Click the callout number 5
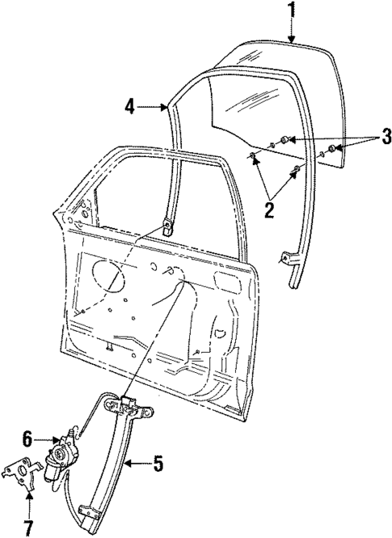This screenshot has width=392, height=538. tap(159, 464)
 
